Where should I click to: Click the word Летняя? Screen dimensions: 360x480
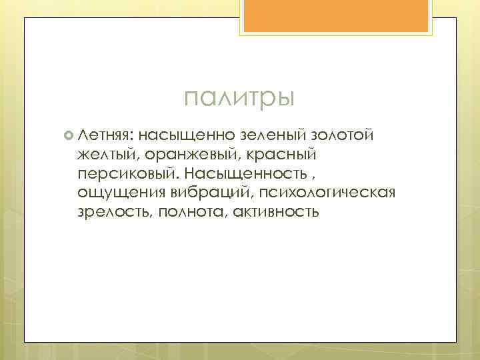[x=105, y=136]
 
